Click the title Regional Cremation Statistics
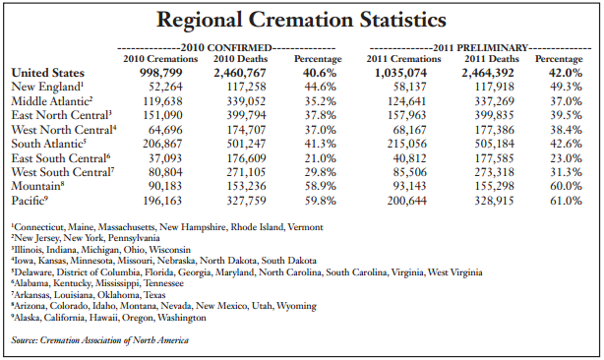[302, 20]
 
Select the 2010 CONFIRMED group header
[232, 47]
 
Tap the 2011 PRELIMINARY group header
[481, 47]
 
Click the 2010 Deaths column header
[239, 59]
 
